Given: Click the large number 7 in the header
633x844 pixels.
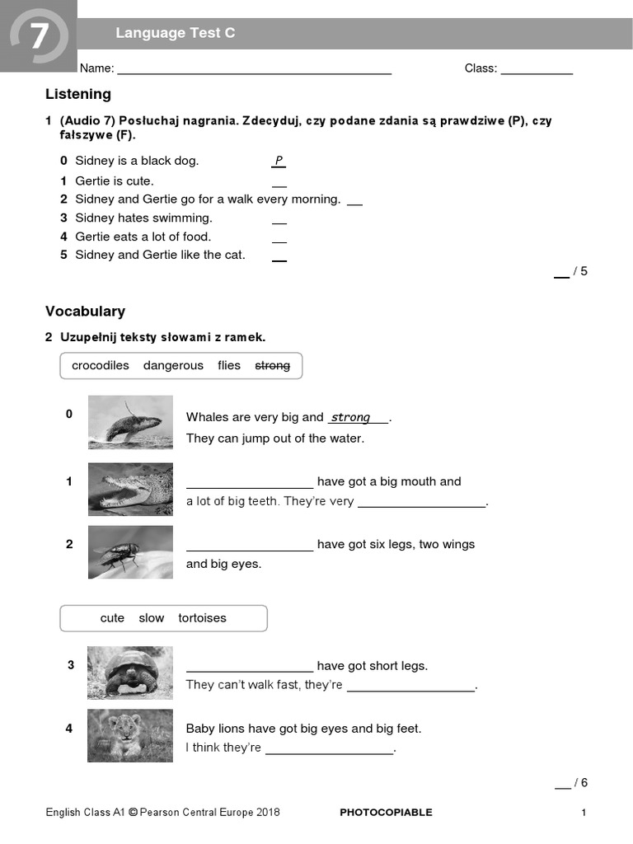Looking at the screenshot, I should pyautogui.click(x=39, y=37).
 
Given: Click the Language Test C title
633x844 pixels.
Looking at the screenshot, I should pyautogui.click(x=175, y=33).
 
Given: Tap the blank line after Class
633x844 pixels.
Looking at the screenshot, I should pyautogui.click(x=537, y=69).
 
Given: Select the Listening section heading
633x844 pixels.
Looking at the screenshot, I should pyautogui.click(x=78, y=94).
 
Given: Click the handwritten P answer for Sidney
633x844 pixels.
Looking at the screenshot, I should pyautogui.click(x=279, y=161).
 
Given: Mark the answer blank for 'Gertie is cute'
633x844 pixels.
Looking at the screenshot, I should pyautogui.click(x=279, y=182).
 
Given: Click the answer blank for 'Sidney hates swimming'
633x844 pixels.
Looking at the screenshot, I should pyautogui.click(x=279, y=219).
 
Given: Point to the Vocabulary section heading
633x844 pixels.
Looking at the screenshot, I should pyautogui.click(x=85, y=312).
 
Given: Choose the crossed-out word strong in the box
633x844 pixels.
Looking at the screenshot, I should pyautogui.click(x=272, y=366).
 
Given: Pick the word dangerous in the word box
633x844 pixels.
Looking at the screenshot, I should pyautogui.click(x=173, y=366).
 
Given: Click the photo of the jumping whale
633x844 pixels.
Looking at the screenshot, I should pyautogui.click(x=130, y=422).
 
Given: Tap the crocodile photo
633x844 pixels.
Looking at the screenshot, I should pyautogui.click(x=130, y=490).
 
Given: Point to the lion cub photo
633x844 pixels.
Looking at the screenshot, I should pyautogui.click(x=130, y=735).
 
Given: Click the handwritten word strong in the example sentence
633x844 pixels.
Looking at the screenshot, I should pyautogui.click(x=350, y=418).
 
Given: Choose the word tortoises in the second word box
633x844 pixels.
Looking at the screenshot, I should pyautogui.click(x=202, y=618).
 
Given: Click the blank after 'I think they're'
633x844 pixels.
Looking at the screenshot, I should pyautogui.click(x=330, y=749).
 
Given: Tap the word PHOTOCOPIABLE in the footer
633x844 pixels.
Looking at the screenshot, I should pyautogui.click(x=386, y=813).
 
